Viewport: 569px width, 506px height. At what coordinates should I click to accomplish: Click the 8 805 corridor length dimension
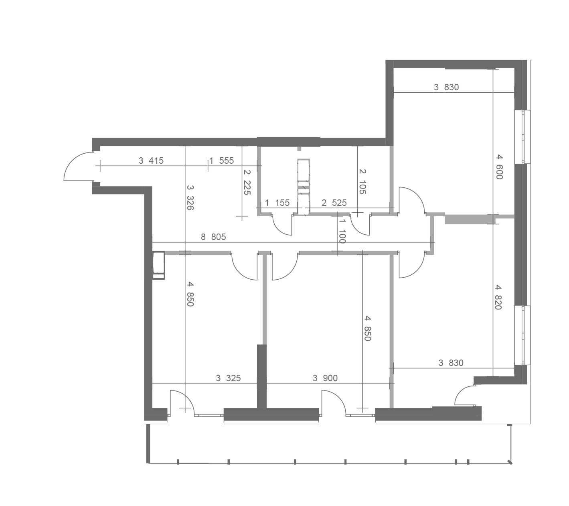pyautogui.click(x=213, y=237)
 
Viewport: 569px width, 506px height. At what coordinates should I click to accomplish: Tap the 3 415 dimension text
pyautogui.click(x=151, y=161)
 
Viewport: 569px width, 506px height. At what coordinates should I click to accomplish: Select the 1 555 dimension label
pyautogui.click(x=222, y=161)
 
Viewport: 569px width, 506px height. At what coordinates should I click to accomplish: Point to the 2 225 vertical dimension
pyautogui.click(x=247, y=182)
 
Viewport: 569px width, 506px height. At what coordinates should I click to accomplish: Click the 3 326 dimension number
pyautogui.click(x=190, y=197)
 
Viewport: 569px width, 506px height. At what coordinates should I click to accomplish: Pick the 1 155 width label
pyautogui.click(x=277, y=203)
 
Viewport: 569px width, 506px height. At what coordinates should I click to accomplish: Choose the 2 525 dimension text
pyautogui.click(x=334, y=203)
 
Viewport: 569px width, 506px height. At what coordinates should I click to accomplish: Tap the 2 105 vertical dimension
pyautogui.click(x=362, y=182)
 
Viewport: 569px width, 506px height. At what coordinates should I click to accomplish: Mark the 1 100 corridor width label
pyautogui.click(x=342, y=231)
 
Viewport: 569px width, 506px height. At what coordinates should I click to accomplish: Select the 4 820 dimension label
pyautogui.click(x=498, y=297)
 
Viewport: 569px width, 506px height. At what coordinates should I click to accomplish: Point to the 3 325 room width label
pyautogui.click(x=228, y=378)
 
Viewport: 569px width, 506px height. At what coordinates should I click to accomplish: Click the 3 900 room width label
pyautogui.click(x=325, y=378)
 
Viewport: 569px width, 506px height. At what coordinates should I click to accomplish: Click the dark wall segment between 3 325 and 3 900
pyautogui.click(x=262, y=376)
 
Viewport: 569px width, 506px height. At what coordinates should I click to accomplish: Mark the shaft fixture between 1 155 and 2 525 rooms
pyautogui.click(x=303, y=187)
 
